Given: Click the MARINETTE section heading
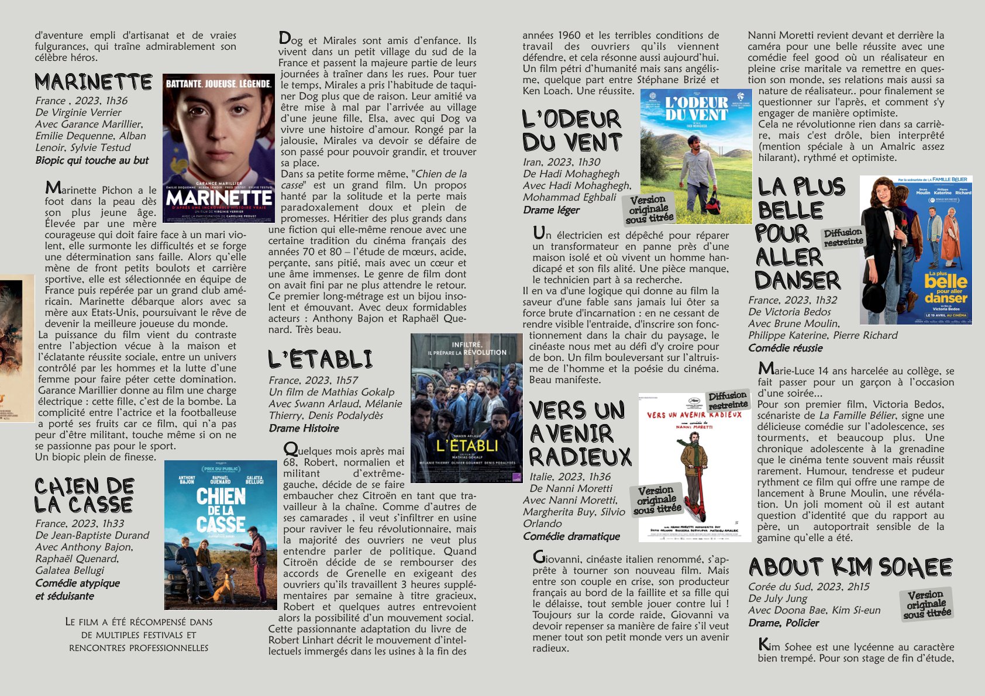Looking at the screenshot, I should point(94,82).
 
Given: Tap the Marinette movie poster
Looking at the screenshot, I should point(218,148).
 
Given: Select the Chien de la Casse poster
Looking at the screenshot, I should point(221,535).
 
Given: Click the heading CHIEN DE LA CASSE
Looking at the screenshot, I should point(84,495).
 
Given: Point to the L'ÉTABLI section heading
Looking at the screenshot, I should point(320,359).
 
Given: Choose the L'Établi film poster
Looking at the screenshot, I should point(466,408).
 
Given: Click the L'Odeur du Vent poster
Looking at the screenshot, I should point(696,156).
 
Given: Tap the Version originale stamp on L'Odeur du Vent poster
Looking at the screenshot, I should point(649,209).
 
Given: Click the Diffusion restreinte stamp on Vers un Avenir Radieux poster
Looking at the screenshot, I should point(728,401).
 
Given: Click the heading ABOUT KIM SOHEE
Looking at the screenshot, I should point(850,567).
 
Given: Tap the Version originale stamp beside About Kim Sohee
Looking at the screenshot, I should point(927,604).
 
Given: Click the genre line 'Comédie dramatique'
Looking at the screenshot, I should point(571,536).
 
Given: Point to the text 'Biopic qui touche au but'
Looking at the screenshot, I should point(92,160).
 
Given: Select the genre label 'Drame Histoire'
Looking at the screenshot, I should point(304,428).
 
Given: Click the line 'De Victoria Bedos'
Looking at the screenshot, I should point(789,312).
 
